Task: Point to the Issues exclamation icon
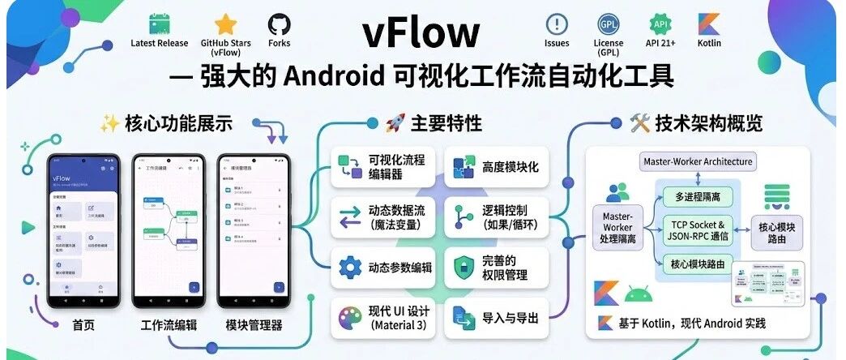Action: [557, 24]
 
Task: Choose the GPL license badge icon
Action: [608, 24]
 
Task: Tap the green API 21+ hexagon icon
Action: [659, 24]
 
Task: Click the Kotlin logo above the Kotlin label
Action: [708, 24]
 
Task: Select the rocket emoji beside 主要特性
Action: [395, 123]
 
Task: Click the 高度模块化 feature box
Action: [496, 166]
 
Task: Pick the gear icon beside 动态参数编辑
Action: [349, 267]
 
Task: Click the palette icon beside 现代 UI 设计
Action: [349, 315]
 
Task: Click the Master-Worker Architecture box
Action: [698, 161]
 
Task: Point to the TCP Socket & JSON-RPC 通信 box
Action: [698, 229]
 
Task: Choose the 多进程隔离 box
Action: [698, 195]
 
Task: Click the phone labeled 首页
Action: [83, 229]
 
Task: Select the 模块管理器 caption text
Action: [254, 326]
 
